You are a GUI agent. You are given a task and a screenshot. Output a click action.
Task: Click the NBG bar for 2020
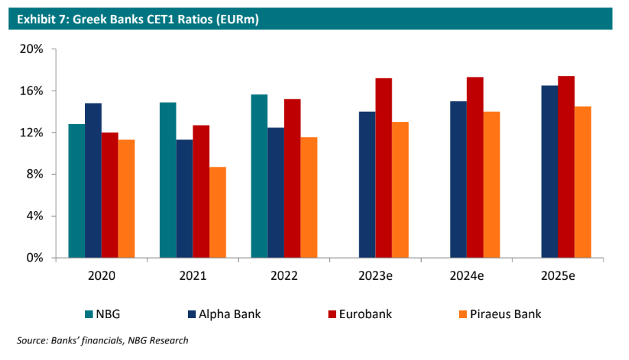pos(76,191)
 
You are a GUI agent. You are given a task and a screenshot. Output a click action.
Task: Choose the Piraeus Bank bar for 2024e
pos(491,184)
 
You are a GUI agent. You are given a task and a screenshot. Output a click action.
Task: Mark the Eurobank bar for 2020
pos(110,195)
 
